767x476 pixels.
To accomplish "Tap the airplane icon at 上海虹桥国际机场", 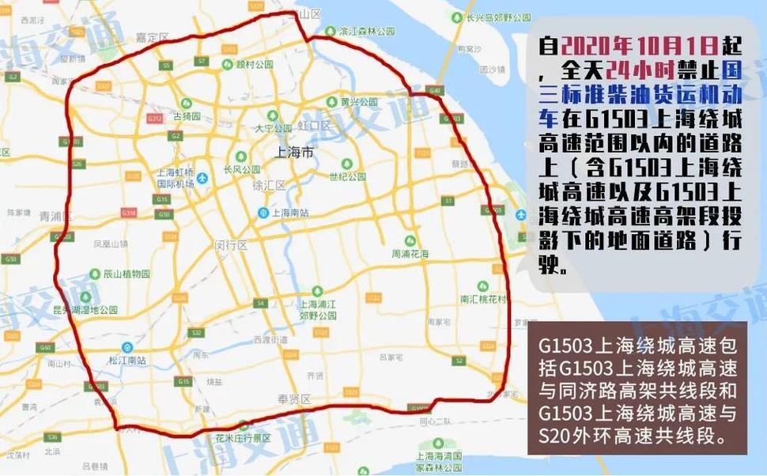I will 202,178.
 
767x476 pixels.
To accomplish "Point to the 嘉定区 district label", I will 153,37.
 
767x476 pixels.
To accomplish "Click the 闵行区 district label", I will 231,245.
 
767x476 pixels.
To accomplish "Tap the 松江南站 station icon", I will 127,347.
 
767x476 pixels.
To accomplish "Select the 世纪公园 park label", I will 349,176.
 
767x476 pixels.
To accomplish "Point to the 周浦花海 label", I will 410,254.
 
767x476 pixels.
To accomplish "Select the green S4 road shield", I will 259,303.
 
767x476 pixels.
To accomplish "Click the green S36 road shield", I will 52,437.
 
